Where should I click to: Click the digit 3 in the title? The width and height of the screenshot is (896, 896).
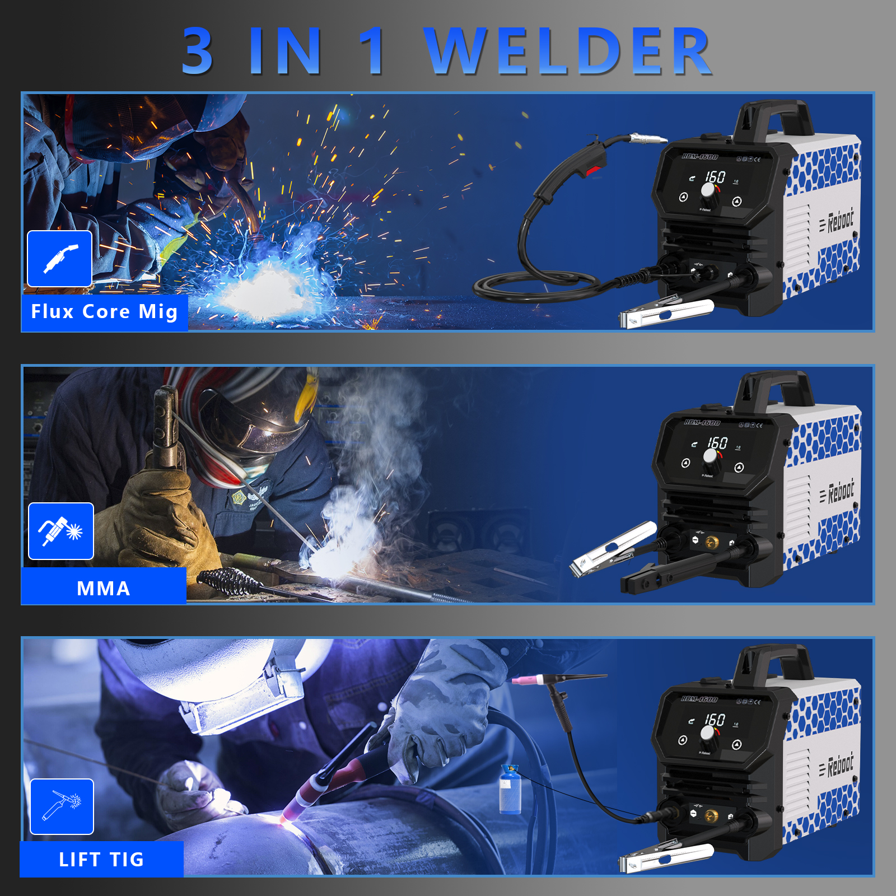click(198, 52)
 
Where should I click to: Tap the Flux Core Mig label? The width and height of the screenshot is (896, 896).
click(104, 311)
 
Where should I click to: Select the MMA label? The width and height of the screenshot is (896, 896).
click(104, 588)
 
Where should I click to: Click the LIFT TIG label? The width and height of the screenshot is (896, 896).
click(101, 859)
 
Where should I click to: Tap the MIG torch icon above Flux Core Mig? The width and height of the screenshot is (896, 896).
click(60, 259)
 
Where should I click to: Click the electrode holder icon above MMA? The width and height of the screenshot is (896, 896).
click(61, 531)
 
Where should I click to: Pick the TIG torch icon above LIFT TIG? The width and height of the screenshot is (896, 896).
click(62, 806)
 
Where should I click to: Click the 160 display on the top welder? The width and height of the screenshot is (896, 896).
click(715, 177)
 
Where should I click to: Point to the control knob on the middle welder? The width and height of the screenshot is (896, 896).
click(711, 456)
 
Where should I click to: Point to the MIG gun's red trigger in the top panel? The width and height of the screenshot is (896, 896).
click(595, 170)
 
